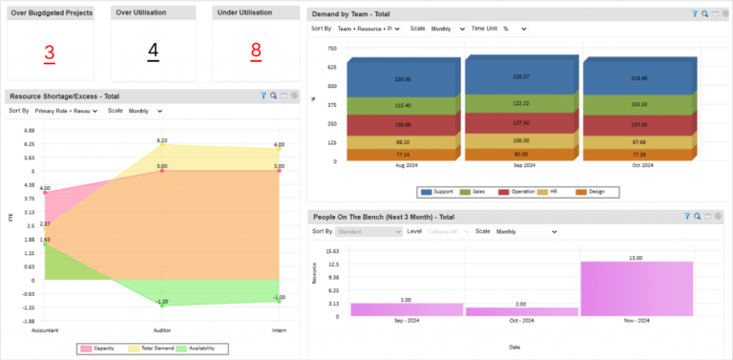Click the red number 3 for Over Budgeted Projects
pos(50,52)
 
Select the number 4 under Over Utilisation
pos(153,52)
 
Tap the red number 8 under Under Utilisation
pos(256,52)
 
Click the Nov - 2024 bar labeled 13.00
pos(636,288)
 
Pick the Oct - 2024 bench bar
pos(521,311)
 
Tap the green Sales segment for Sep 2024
pos(521,103)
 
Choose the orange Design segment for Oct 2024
pos(638,154)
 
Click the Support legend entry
pos(438,192)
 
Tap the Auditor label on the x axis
pos(162,330)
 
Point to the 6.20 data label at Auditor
pos(162,140)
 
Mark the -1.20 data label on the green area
pos(162,302)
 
